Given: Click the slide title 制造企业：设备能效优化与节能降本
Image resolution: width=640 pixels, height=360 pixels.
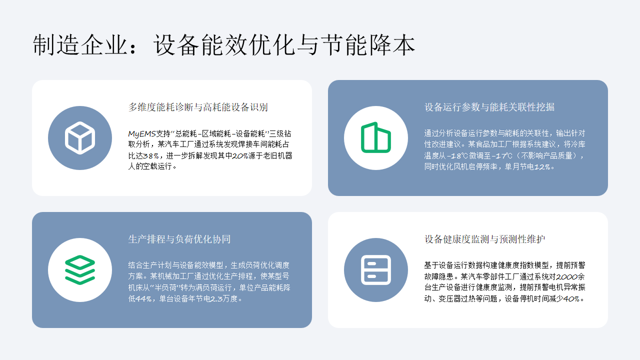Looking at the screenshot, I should point(223,45).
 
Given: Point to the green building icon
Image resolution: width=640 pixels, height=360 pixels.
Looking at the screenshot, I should point(375,137).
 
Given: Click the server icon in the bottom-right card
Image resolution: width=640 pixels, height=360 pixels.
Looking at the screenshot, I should point(375,268).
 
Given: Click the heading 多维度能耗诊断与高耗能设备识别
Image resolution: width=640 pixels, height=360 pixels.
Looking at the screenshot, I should point(197,107).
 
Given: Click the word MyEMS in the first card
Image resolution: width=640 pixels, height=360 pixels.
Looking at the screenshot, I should point(141,132).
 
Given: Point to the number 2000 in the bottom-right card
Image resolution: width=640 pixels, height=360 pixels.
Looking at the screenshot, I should point(564,275).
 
